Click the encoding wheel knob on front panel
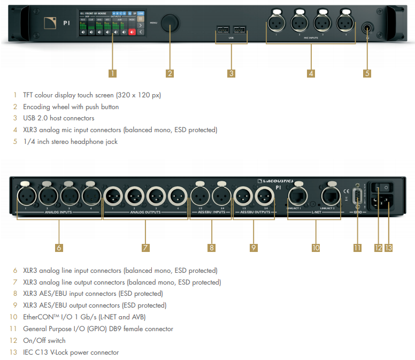click(x=171, y=22)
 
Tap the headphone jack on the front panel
click(x=367, y=27)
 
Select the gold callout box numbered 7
click(x=145, y=247)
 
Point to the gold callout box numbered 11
click(x=357, y=247)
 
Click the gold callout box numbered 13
click(x=388, y=247)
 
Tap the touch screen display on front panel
click(x=112, y=24)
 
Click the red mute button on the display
click(x=132, y=33)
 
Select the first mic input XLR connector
click(x=276, y=23)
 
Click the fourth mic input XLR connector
click(x=345, y=23)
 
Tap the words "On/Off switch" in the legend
click(x=44, y=340)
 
